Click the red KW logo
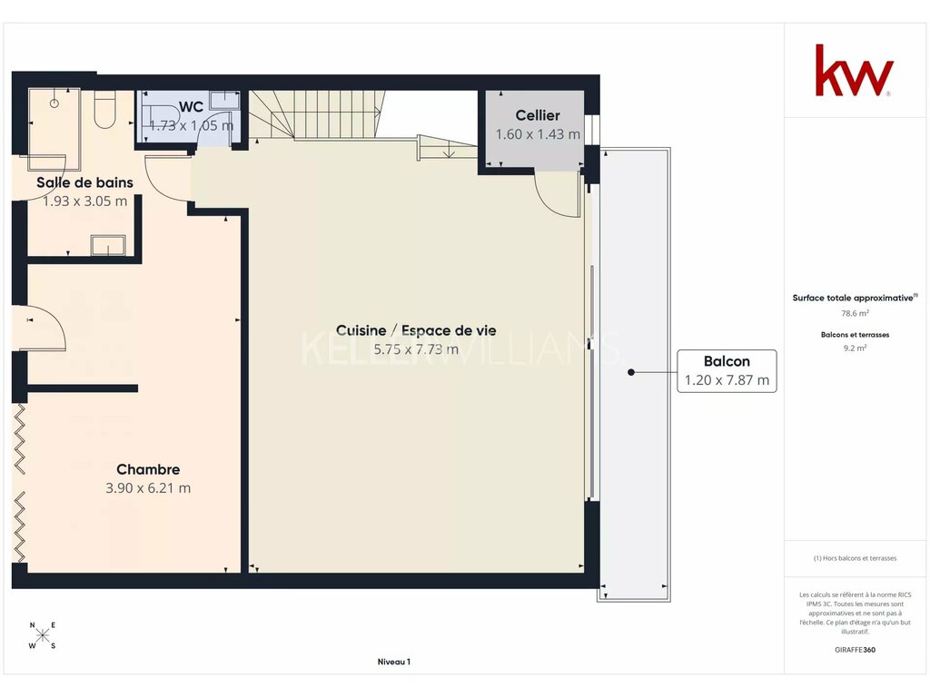tap(854, 70)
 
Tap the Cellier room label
tap(538, 115)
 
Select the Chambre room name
tap(148, 469)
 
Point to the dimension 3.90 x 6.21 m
tap(148, 488)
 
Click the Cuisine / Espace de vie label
tap(416, 330)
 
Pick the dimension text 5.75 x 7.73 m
tap(416, 349)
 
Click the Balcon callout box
tap(727, 371)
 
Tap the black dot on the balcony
tap(631, 372)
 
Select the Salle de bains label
tap(84, 182)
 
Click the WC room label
tap(191, 107)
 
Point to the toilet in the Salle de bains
tap(105, 109)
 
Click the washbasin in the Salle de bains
tap(108, 245)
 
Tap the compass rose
tap(42, 636)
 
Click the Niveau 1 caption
tap(394, 662)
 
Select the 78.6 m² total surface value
tap(855, 313)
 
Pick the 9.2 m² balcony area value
tap(855, 348)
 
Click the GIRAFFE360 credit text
tap(855, 650)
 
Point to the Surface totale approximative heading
tap(855, 298)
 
